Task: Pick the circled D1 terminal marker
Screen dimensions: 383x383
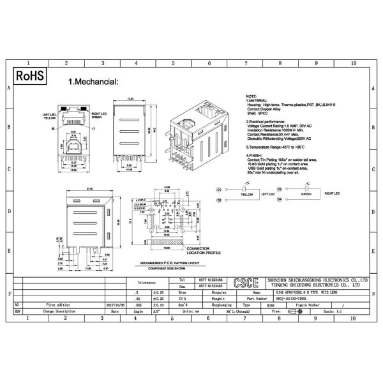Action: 218,190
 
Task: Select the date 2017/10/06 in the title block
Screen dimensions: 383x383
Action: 114,305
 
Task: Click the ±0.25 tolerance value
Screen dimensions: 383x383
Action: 158,291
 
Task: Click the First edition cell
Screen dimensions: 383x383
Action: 58,305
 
